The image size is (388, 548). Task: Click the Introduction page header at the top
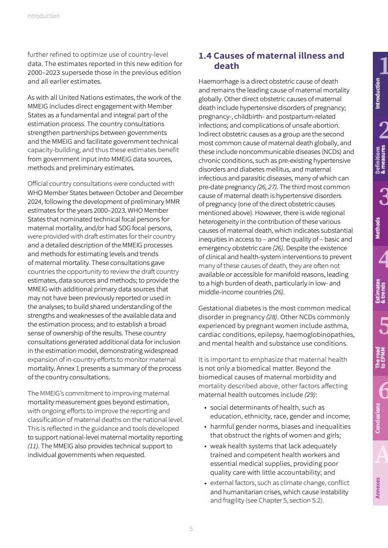pos(43,16)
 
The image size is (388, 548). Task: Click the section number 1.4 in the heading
pos(205,56)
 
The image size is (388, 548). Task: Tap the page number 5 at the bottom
pos(191,528)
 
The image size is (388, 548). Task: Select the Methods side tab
pos(380,214)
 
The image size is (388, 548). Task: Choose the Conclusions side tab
pos(380,408)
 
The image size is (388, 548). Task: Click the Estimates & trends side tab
pos(380,279)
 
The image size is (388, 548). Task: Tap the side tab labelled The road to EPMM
pos(380,344)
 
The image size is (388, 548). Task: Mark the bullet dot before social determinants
pos(205,408)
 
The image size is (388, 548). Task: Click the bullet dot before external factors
pos(205,483)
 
